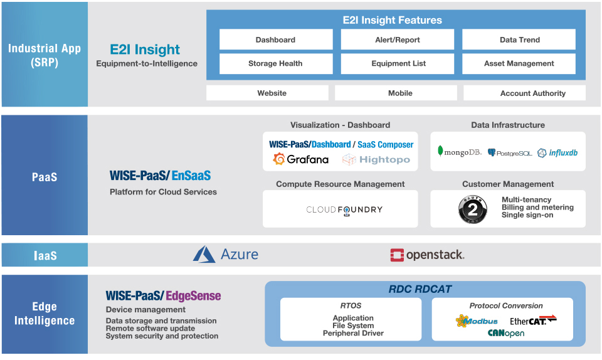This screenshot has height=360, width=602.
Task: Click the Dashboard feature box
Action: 276,40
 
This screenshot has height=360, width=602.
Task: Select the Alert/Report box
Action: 398,40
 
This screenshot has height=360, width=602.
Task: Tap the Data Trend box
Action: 519,40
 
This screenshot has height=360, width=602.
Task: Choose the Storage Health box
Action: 276,63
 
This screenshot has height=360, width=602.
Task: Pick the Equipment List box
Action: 398,63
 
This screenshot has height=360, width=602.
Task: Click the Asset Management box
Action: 519,63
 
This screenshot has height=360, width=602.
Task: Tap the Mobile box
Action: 396,93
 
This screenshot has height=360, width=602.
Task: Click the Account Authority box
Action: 524,93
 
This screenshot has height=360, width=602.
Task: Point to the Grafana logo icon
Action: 279,159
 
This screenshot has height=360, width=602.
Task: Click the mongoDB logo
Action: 459,152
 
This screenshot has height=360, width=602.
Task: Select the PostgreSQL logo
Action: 509,153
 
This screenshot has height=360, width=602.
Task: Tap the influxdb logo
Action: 557,153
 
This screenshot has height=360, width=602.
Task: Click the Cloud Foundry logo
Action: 344,210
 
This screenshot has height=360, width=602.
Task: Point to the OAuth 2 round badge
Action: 473,209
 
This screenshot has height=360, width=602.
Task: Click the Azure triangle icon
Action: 204,254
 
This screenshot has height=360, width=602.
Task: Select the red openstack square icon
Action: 397,255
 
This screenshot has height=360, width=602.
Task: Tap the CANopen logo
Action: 506,333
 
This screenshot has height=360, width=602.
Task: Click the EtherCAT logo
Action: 533,320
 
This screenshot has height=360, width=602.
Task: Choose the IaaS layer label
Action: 45,255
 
